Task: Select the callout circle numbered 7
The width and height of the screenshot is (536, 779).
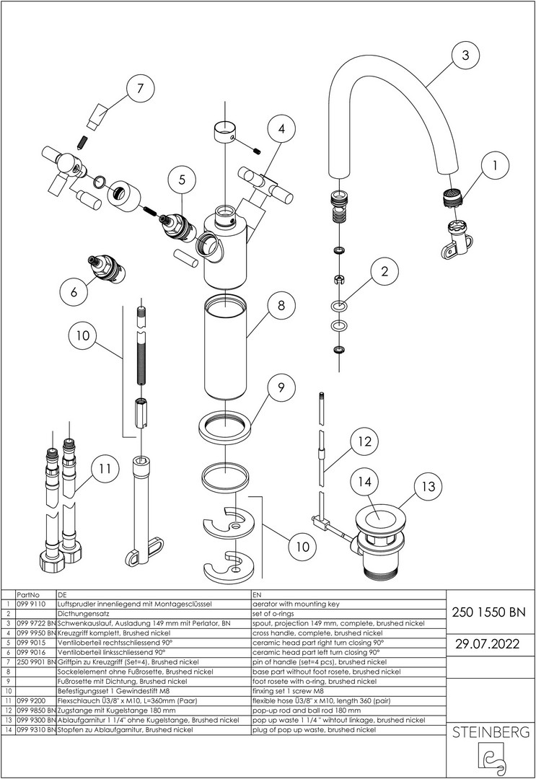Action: [x=140, y=90]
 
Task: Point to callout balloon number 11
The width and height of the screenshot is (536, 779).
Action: [x=106, y=468]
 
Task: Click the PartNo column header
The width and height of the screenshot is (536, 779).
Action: [x=27, y=593]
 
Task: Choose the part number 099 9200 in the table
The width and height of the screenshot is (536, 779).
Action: [x=31, y=700]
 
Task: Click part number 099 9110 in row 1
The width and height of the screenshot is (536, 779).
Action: [x=31, y=602]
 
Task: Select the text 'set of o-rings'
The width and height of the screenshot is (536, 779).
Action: [x=275, y=612]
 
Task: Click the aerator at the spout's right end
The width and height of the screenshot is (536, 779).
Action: [x=452, y=196]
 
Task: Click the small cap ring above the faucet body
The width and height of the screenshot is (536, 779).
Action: [x=226, y=133]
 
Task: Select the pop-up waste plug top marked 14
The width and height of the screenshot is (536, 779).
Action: [x=380, y=516]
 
